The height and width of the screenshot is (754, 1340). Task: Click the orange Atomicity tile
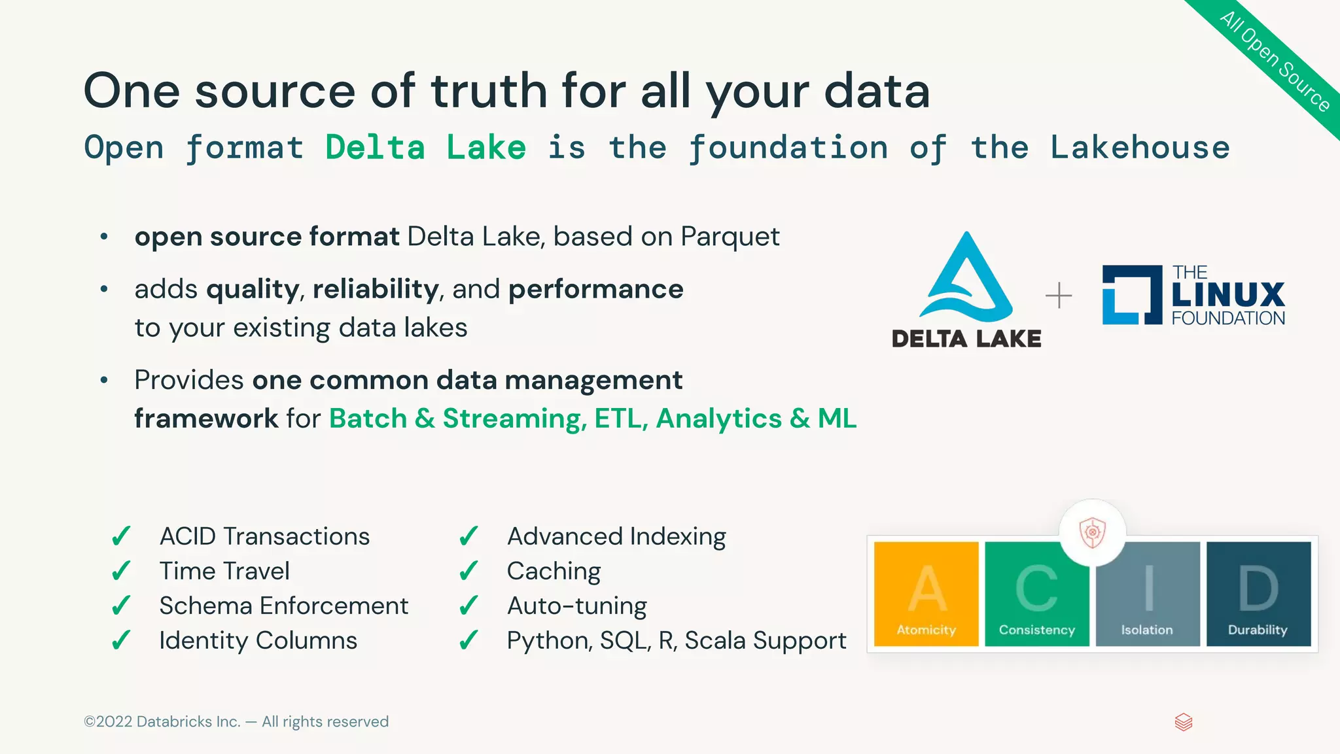926,594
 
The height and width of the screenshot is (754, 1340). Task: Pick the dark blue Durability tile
1258,594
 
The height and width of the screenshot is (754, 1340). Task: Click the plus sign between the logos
1059,296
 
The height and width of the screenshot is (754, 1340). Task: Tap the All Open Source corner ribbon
1275,62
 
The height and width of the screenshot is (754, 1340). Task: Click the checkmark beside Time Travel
121,572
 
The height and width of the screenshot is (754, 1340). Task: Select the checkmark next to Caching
468,572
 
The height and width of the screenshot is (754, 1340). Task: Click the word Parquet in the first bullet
730,237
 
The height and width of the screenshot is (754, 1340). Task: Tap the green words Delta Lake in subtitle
425,148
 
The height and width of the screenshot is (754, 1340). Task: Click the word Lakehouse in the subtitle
1140,148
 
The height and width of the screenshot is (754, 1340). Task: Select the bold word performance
595,289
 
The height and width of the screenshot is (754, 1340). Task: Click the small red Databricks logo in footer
1184,722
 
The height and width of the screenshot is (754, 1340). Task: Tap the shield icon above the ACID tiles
1092,532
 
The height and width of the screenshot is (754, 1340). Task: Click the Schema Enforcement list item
283,606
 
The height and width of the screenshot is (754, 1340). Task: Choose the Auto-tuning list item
576,606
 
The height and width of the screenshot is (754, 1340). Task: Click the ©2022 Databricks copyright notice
236,721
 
